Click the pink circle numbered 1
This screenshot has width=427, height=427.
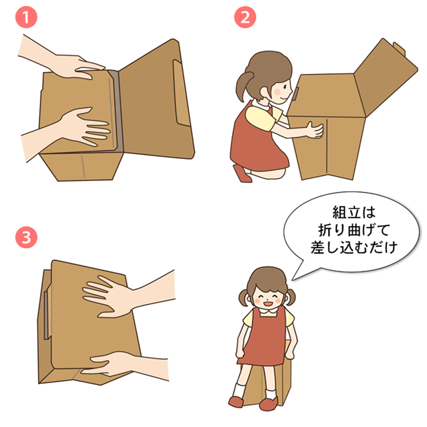[x=26, y=17]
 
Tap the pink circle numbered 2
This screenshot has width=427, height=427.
[x=245, y=17]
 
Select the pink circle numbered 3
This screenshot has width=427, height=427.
[x=26, y=237]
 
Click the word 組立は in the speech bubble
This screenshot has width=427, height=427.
[x=354, y=212]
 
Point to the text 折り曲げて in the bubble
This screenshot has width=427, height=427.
[x=354, y=230]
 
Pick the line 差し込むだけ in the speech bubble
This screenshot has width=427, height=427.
[x=354, y=247]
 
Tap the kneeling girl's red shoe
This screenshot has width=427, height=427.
[x=242, y=173]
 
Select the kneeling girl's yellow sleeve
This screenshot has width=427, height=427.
[x=260, y=117]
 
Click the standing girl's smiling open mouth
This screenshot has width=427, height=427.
[x=268, y=303]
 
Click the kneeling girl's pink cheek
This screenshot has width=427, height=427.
[x=277, y=92]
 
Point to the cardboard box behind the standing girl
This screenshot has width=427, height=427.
[x=265, y=381]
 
